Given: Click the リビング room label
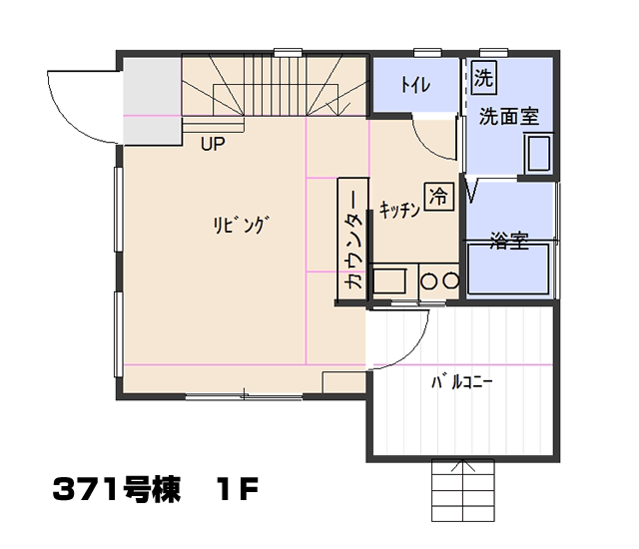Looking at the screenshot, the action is [x=242, y=225].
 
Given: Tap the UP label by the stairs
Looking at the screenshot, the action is [x=213, y=144].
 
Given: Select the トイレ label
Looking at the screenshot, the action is [x=415, y=85].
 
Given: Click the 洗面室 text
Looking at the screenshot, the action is [x=509, y=117].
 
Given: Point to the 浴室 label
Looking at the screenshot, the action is [x=510, y=240].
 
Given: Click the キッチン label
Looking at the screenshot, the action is [x=399, y=210].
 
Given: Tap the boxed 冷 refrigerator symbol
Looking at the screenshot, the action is [x=439, y=197].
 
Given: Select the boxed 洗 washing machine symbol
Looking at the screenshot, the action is [x=483, y=77].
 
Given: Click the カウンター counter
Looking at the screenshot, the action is [x=352, y=240].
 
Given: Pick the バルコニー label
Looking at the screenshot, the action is [x=462, y=382].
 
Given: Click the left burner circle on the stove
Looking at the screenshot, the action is [x=428, y=281].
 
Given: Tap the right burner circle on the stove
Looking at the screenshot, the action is [x=451, y=281].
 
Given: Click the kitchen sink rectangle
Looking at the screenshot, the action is [x=389, y=280].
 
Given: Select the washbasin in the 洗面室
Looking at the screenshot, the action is [x=539, y=154].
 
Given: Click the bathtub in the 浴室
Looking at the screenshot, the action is [x=508, y=269].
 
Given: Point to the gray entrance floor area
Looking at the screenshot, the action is [x=152, y=102].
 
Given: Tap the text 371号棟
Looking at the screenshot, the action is [x=117, y=489].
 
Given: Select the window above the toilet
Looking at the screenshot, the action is [x=427, y=53].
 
